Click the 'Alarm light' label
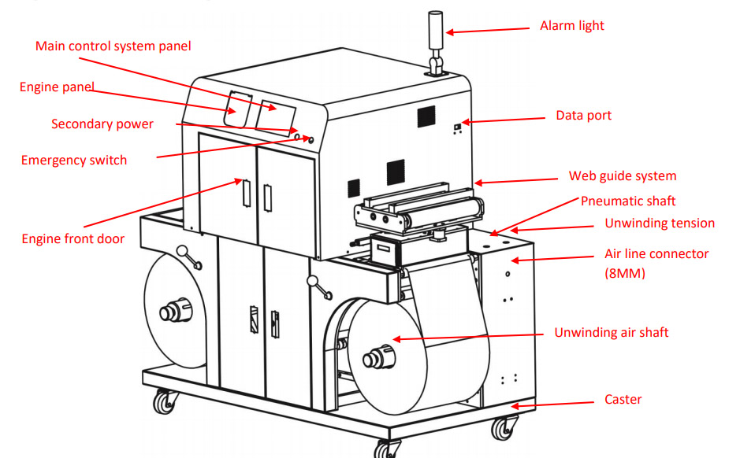click(571, 26)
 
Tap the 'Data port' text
click(583, 116)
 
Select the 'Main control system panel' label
click(113, 46)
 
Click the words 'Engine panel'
click(57, 87)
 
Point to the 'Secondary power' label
click(102, 124)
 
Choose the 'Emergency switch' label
click(74, 160)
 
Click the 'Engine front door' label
click(73, 238)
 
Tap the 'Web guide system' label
click(623, 175)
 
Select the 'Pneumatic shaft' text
click(628, 201)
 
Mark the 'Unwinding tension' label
click(660, 223)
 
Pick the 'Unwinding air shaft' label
click(611, 332)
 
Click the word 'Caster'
click(623, 399)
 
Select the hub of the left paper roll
click(169, 312)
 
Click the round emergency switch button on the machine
click(310, 139)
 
